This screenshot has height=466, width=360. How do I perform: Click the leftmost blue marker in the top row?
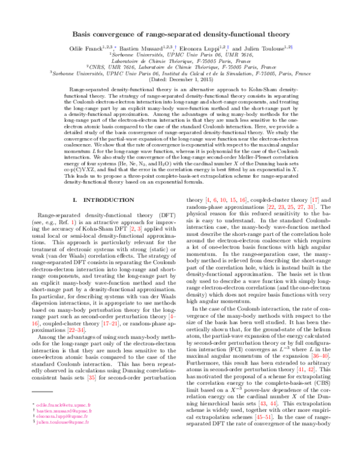tap(115, 47)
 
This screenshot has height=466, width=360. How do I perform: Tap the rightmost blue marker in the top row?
tap(292, 47)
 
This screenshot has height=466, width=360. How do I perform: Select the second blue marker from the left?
tap(176, 47)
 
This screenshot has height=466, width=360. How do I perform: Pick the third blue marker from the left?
tap(228, 47)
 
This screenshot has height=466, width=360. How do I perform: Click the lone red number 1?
tap(73, 222)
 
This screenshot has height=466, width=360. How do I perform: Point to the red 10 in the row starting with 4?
tap(223, 200)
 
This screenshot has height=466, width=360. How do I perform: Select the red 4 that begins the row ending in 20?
tap(208, 200)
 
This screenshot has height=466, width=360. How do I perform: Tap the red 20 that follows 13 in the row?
tap(242, 200)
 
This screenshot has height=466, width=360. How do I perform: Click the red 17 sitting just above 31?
tap(314, 200)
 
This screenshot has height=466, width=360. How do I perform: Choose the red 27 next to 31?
tap(300, 207)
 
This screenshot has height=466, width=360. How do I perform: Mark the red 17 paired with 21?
tap(106, 323)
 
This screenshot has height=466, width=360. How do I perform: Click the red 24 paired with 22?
tap(80, 330)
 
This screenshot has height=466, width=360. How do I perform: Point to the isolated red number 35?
tap(92, 378)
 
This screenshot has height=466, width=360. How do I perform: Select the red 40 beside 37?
tap(325, 356)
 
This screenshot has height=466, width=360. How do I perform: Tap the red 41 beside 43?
tap(301, 369)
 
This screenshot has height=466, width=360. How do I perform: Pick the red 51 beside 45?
tap(268, 417)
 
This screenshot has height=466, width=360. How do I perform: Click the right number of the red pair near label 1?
tap(139, 229)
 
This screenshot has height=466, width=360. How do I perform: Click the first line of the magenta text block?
tap(63, 405)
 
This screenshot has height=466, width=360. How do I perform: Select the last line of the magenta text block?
tap(62, 422)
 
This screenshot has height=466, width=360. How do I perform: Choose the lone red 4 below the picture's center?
tap(172, 316)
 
